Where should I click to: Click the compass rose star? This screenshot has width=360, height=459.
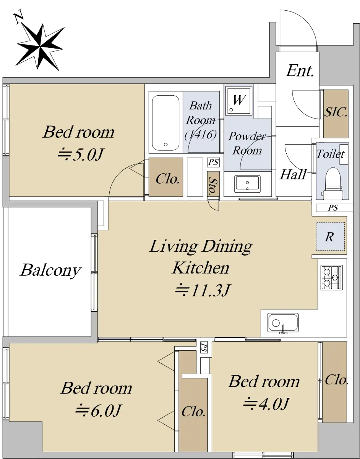(40, 47)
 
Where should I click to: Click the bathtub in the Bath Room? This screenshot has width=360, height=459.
(165, 122)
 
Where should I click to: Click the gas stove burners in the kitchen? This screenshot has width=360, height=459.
(331, 277)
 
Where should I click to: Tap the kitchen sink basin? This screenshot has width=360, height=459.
(283, 323)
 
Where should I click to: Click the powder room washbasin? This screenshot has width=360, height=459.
(247, 184)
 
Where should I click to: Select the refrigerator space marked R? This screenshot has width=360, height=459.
(330, 236)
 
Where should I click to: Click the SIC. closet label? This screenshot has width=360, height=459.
(336, 112)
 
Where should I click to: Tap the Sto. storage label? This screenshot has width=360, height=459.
(213, 186)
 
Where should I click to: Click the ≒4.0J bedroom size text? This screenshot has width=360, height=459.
(266, 404)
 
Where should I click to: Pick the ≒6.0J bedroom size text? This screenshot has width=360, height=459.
(98, 410)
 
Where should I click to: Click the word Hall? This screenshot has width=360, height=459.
(293, 174)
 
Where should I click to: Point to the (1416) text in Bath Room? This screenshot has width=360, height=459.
(201, 135)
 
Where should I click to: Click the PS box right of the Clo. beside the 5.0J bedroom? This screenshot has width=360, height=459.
(213, 162)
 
